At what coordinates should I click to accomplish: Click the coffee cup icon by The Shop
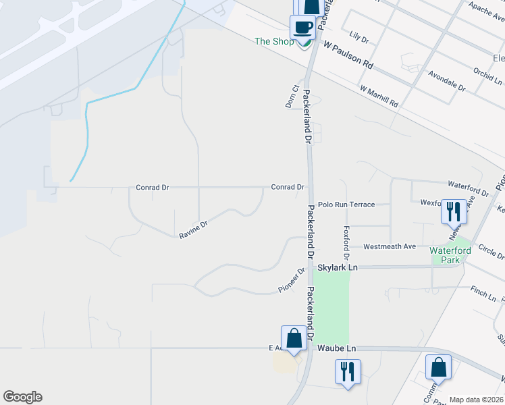(302, 27)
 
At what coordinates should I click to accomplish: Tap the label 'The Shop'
(274, 42)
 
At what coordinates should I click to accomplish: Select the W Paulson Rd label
(348, 55)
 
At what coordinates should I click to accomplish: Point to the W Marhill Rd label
(379, 97)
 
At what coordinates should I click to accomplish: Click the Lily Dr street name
(359, 36)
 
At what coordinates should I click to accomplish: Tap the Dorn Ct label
(292, 96)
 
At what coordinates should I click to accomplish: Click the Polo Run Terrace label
(346, 204)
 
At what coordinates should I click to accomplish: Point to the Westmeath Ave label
(390, 246)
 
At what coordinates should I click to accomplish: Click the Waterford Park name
(449, 255)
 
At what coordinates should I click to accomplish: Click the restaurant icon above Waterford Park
(452, 211)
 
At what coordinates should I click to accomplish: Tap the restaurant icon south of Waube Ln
(348, 371)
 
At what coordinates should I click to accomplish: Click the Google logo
(22, 397)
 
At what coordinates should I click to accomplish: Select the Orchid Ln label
(487, 73)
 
